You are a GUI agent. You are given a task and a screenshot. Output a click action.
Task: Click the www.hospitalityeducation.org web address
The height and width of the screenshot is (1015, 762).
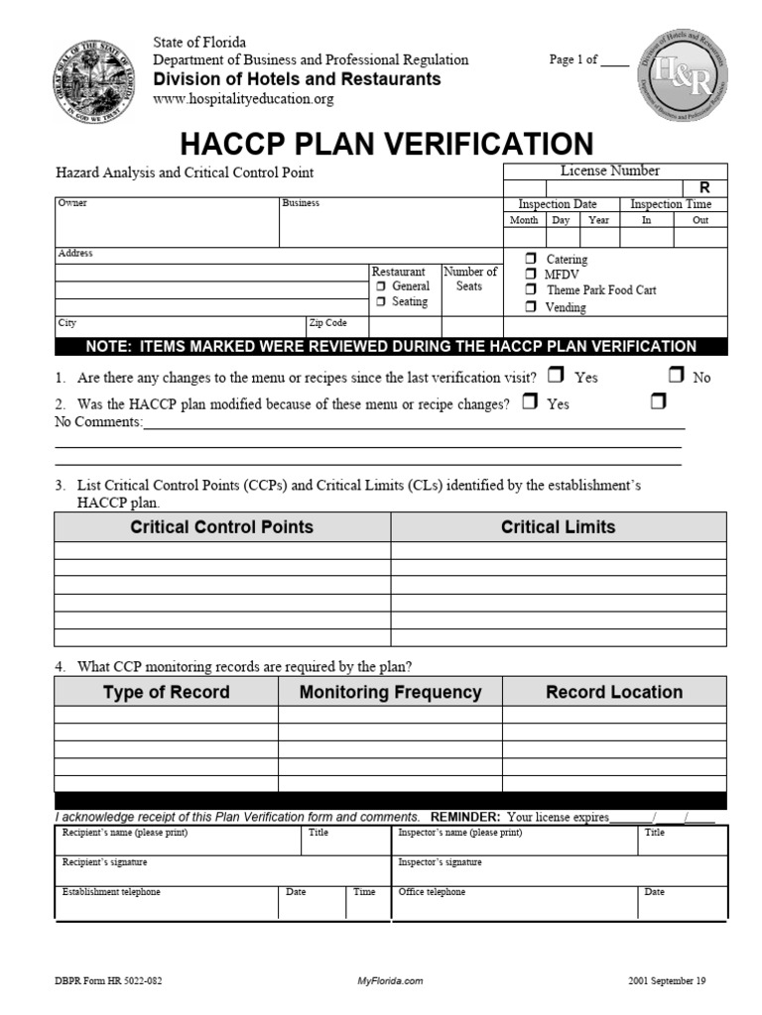243,99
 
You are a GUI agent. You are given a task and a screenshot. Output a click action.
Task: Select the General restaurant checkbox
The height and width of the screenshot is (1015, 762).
380,286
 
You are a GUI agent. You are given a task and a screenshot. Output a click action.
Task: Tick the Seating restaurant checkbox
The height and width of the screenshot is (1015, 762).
380,302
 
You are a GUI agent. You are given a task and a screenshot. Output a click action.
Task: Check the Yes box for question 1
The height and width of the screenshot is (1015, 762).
556,376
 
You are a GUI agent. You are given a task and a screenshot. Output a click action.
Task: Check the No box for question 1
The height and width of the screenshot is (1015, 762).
676,376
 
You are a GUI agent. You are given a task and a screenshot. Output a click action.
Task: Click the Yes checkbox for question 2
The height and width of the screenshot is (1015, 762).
530,402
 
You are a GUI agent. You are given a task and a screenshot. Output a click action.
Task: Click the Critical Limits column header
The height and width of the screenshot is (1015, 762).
558,527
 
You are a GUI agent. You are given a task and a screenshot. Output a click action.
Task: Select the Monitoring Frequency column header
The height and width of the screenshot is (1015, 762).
390,692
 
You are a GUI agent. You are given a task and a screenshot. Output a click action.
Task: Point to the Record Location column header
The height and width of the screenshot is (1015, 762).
614,692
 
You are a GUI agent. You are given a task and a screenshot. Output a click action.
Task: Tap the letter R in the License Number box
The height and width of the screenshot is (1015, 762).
704,187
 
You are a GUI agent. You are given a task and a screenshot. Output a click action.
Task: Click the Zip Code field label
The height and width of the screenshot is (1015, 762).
327,323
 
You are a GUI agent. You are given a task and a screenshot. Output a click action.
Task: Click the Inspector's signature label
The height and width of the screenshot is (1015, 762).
440,862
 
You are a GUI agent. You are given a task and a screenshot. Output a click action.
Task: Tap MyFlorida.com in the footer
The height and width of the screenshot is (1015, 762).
390,981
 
